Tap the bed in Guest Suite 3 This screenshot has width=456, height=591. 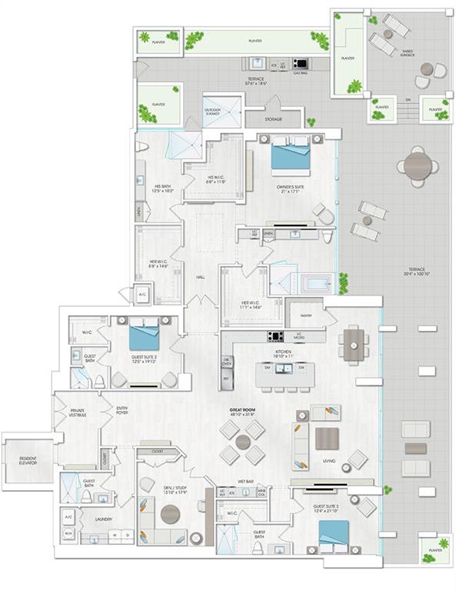click(334, 533)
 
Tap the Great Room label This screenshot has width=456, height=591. click(241, 411)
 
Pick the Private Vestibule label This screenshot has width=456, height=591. click(77, 412)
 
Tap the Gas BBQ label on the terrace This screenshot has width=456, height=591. click(300, 73)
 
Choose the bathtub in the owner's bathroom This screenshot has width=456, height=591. click(315, 283)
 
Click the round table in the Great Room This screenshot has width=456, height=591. click(243, 442)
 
